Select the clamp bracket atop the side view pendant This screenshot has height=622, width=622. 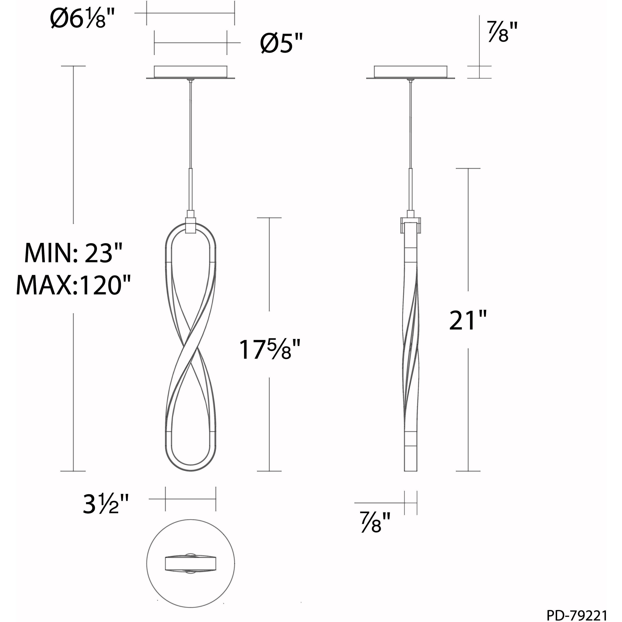tap(410, 224)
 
